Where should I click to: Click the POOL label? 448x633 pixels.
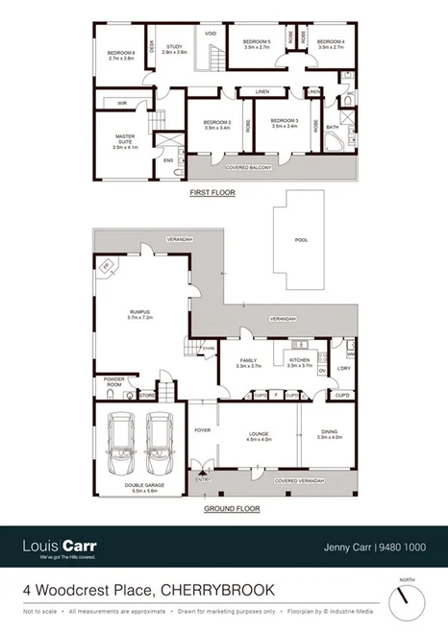[x=301, y=240]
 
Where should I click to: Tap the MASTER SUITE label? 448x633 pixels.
[x=127, y=139]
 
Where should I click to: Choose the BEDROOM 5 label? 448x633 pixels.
[x=257, y=43]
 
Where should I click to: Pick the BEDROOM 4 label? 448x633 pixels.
[x=331, y=43]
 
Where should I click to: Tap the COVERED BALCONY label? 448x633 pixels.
[x=248, y=167]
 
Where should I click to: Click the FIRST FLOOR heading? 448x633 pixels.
[x=213, y=192]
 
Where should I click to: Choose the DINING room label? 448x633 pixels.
[x=329, y=434]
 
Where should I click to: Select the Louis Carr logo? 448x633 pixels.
[x=60, y=547]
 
